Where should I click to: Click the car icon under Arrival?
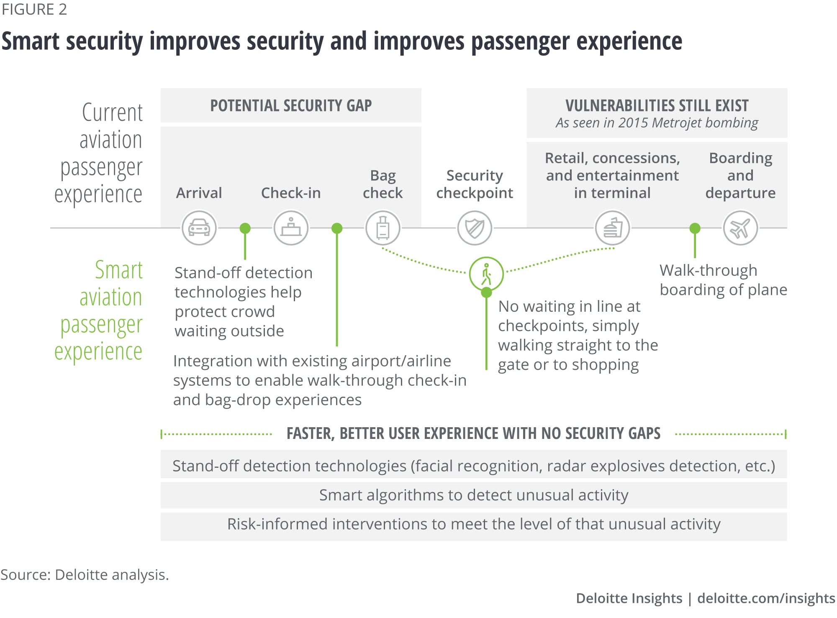click(199, 228)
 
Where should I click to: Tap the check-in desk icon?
click(291, 228)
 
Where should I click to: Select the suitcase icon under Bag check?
click(383, 228)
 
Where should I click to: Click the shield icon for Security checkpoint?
click(475, 228)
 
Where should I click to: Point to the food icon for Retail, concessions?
click(612, 228)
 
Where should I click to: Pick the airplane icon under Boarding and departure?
click(740, 228)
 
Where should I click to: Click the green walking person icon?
click(486, 274)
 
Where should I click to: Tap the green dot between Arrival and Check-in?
click(245, 228)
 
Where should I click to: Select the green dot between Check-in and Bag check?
click(337, 228)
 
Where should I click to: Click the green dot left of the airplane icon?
click(695, 228)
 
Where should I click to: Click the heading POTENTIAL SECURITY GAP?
click(291, 105)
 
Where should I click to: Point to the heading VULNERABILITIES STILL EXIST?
click(657, 105)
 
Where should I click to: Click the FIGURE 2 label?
click(34, 9)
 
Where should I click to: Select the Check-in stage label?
click(291, 193)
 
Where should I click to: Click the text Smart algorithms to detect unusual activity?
click(474, 495)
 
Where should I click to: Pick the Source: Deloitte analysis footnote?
click(85, 574)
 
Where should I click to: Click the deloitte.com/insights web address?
click(766, 598)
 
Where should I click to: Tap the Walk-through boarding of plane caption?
click(723, 280)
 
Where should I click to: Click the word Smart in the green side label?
click(119, 270)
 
